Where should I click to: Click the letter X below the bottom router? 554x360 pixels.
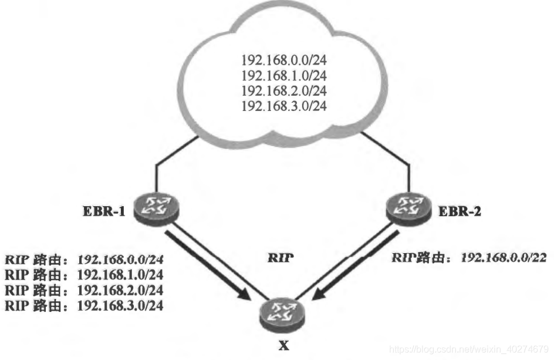pyautogui.click(x=284, y=346)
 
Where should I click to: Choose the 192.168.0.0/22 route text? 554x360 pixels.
pyautogui.click(x=504, y=257)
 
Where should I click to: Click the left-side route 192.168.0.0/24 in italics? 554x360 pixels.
pyautogui.click(x=121, y=258)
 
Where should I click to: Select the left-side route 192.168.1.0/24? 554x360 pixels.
pyautogui.click(x=121, y=274)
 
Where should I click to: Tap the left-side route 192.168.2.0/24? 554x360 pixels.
pyautogui.click(x=121, y=290)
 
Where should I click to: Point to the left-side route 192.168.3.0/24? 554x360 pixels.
pyautogui.click(x=121, y=305)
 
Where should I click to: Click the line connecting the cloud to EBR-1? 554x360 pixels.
pyautogui.click(x=156, y=176)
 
